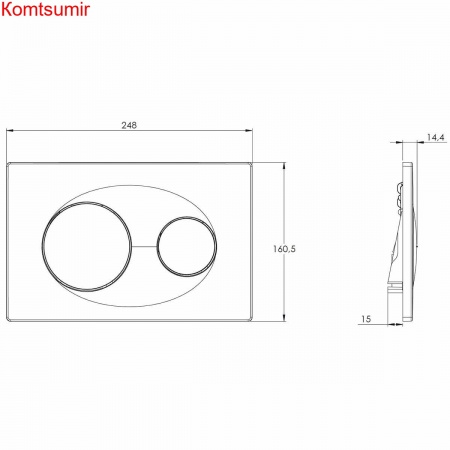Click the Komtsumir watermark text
[x=45, y=9]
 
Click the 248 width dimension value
[x=129, y=125]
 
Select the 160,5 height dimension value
[x=284, y=249]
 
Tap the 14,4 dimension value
[x=436, y=137]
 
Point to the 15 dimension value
[x=366, y=319]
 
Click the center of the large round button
[x=87, y=246]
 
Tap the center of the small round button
[x=187, y=247]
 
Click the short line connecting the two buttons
[x=144, y=247]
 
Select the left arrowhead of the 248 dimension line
[x=10, y=130]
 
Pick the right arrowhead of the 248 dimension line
[x=249, y=130]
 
